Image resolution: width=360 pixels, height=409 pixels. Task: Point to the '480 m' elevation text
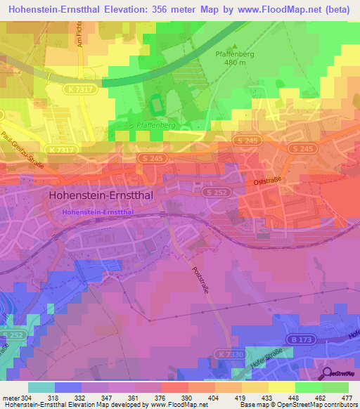(x=235, y=63)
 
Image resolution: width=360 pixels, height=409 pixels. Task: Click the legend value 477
(x=345, y=397)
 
